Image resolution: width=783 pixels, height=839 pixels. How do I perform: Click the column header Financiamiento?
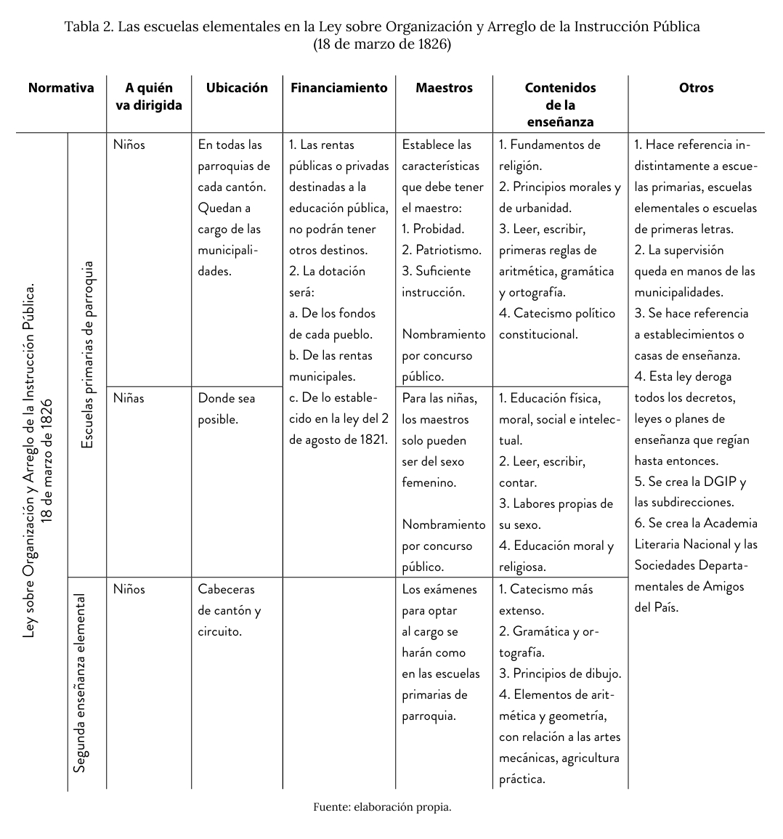pos(338,88)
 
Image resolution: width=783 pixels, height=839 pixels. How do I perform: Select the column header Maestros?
pos(444,88)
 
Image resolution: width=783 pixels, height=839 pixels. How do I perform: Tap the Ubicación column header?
pos(237,88)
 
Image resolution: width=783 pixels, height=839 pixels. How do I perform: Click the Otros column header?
pos(696,88)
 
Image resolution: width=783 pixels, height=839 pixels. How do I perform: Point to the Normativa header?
pos(61,88)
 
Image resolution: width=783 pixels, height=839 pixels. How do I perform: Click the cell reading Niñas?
pos(129,398)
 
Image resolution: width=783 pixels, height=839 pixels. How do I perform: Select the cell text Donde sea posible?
pos(226,408)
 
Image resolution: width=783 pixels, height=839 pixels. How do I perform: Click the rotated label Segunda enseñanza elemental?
pos(81,683)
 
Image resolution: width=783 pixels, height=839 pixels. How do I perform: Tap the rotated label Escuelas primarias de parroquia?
pos(88,354)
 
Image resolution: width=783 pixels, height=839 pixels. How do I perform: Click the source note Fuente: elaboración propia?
pos(383,807)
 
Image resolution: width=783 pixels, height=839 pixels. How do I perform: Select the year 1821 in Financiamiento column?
pos(374,440)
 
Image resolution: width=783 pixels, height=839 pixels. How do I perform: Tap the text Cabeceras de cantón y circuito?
pos(229,610)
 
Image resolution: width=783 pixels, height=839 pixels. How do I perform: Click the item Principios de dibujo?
pos(559,673)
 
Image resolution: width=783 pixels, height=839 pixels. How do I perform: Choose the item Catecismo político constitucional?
pos(556,324)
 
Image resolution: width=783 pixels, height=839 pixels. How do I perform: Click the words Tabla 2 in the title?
pos(88,27)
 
